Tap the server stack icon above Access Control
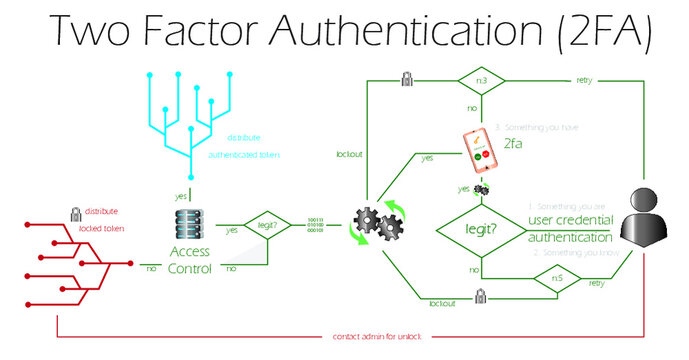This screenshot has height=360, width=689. tap(189, 223)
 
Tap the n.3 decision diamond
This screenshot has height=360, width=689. tap(481, 79)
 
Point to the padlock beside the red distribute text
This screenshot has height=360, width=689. tap(75, 212)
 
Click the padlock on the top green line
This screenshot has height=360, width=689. tap(407, 78)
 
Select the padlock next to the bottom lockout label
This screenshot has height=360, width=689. tap(481, 295)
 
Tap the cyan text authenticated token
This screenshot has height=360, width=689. tap(244, 156)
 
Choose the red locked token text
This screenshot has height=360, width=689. tap(104, 229)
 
